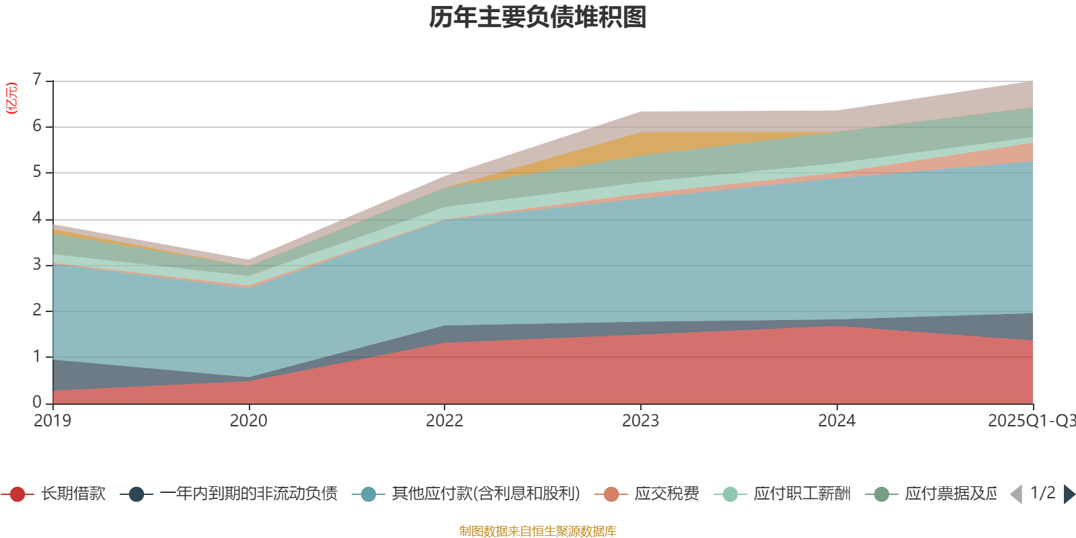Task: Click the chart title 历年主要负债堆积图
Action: (x=538, y=17)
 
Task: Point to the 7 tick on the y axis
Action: (x=37, y=80)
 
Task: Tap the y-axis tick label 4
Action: (x=37, y=219)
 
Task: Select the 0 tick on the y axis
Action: (x=37, y=402)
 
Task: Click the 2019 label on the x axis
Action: (x=52, y=421)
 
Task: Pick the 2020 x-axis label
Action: (x=248, y=421)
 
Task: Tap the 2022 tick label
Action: (x=445, y=421)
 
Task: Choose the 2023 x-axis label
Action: (x=640, y=421)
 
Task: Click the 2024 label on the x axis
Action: (x=837, y=421)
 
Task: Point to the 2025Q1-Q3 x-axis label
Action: (x=1032, y=421)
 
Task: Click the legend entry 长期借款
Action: (x=73, y=494)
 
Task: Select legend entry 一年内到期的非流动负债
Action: (x=248, y=494)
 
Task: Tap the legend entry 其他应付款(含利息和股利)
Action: (x=486, y=494)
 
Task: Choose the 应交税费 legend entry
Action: (x=666, y=494)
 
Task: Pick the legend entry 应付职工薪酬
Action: (x=802, y=494)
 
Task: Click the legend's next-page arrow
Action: (x=1069, y=494)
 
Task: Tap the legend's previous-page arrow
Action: (x=1016, y=494)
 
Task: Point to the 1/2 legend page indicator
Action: (x=1042, y=493)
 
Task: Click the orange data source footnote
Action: (x=538, y=531)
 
